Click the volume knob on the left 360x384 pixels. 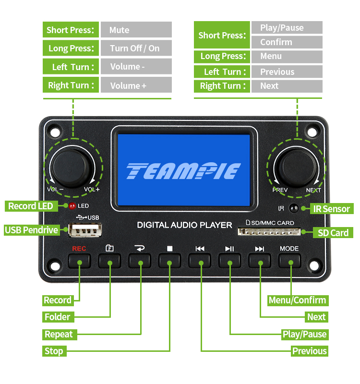coord(72,166)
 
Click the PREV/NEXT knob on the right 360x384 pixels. coord(297,166)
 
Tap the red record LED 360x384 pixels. coord(72,206)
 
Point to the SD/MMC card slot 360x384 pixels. coord(269,232)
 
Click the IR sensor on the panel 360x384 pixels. coord(294,208)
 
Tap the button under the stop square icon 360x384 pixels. coord(170,261)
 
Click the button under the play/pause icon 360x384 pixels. coord(230,261)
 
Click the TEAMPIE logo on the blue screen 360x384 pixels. coord(183,171)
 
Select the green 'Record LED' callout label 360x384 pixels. coord(31,206)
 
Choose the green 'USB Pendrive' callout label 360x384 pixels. coord(32,230)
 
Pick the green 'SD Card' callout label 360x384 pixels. coord(333,233)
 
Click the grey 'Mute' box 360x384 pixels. coord(136,30)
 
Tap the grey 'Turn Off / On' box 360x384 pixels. coord(136,48)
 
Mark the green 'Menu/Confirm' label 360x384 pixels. coord(297,300)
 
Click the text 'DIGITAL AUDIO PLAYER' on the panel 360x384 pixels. coord(184,225)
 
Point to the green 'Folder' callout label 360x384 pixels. coord(57,317)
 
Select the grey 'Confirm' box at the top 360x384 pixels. coord(287,42)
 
